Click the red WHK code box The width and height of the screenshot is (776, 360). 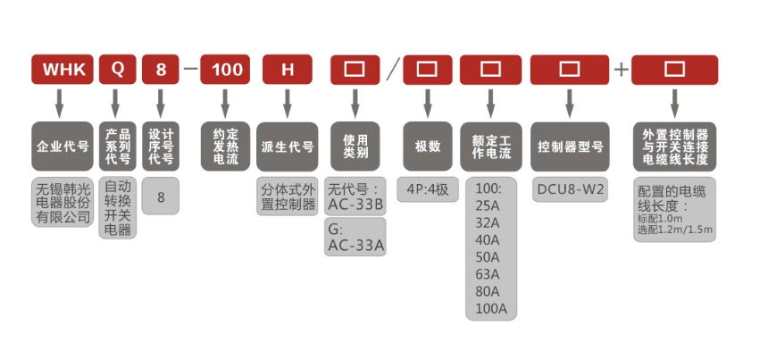pyautogui.click(x=62, y=70)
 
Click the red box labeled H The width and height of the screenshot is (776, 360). pyautogui.click(x=287, y=70)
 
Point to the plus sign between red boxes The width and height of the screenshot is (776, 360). pyautogui.click(x=621, y=70)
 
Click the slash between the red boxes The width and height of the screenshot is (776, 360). pyautogui.click(x=391, y=70)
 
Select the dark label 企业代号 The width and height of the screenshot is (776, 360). pyautogui.click(x=62, y=147)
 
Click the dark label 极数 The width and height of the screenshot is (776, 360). pyautogui.click(x=427, y=147)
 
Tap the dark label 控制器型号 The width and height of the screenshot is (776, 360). pyautogui.click(x=570, y=147)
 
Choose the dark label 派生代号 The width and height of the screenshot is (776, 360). pyautogui.click(x=287, y=147)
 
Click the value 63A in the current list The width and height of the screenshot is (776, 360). pyautogui.click(x=488, y=274)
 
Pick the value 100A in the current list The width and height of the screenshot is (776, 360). pyautogui.click(x=490, y=309)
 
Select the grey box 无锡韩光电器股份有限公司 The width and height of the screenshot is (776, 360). pyautogui.click(x=62, y=203)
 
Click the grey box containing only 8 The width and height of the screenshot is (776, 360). pyautogui.click(x=161, y=194)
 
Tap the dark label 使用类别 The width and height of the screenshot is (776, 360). pyautogui.click(x=355, y=147)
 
